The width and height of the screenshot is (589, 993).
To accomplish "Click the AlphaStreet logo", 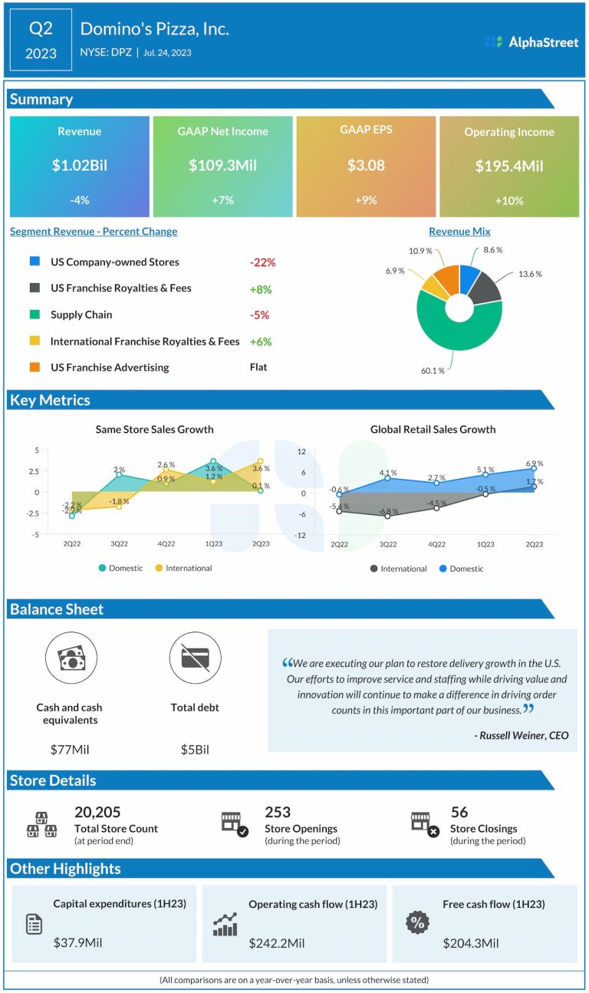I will [x=531, y=42].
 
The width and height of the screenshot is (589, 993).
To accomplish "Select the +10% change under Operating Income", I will [x=508, y=200].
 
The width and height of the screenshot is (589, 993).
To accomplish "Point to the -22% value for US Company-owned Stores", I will [x=262, y=262].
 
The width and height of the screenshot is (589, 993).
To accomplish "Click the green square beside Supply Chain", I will [x=35, y=315].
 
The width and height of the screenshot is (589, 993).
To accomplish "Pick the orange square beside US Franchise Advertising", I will [x=35, y=368].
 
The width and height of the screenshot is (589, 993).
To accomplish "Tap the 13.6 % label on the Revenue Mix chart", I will [x=529, y=274].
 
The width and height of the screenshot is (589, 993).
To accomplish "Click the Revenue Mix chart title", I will [x=459, y=231].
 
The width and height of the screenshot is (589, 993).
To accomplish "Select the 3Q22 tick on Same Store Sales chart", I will [x=119, y=543].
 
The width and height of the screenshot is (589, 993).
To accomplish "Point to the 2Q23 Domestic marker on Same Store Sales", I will [x=261, y=490].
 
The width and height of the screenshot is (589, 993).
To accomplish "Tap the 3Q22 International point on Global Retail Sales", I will [x=388, y=516].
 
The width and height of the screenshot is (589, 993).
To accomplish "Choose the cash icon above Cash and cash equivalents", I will [x=71, y=658].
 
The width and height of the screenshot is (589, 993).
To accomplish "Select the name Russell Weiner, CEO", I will [x=522, y=735].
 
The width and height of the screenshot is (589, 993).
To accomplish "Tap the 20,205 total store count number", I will [x=97, y=812].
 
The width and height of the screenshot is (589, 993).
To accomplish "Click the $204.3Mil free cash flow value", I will [x=471, y=943].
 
